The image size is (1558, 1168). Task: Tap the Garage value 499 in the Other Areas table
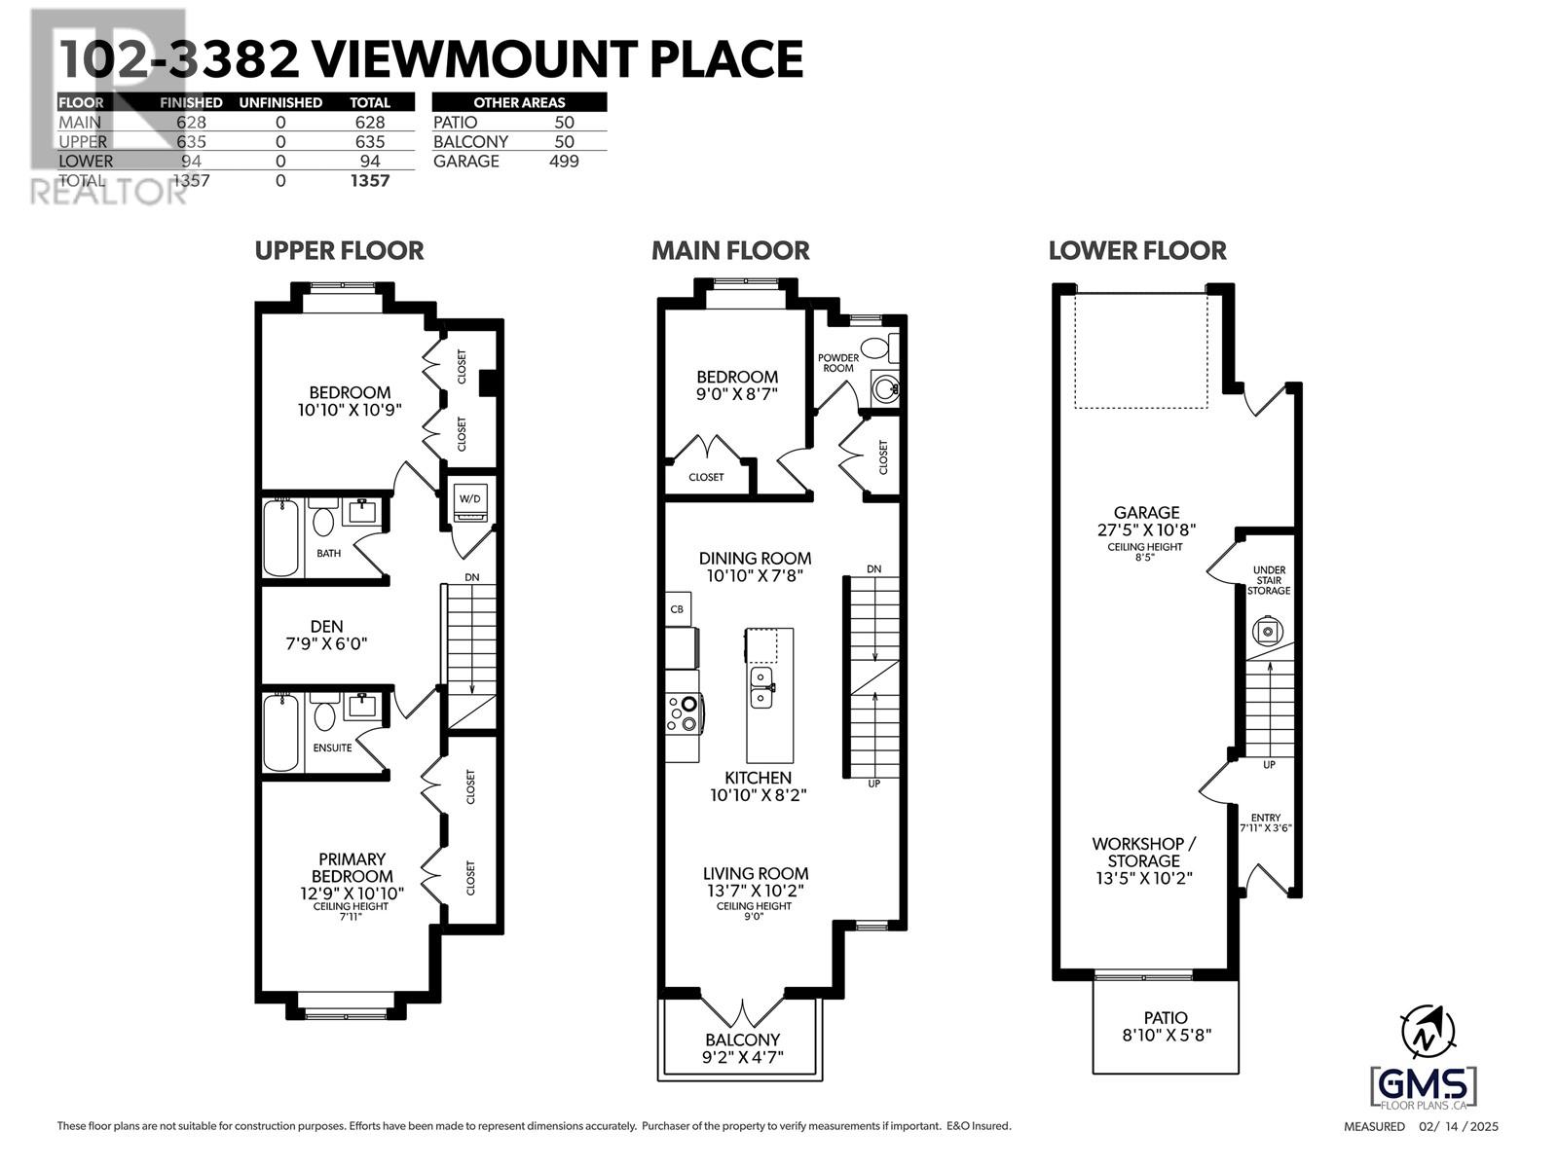(x=564, y=161)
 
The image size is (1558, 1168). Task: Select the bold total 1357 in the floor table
(x=370, y=181)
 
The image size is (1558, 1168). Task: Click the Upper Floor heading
(x=339, y=250)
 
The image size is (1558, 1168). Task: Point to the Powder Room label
(x=837, y=363)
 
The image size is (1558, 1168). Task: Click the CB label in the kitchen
(x=677, y=609)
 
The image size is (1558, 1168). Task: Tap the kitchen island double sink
(x=760, y=687)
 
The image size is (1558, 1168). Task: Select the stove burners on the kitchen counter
(x=683, y=714)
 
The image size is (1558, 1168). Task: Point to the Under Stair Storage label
(x=1269, y=580)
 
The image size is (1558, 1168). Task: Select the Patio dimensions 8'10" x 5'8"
(x=1167, y=1036)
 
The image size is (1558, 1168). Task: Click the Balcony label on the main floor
(x=742, y=1040)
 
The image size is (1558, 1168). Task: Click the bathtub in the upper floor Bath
(x=280, y=537)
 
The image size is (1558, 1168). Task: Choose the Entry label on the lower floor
(x=1266, y=818)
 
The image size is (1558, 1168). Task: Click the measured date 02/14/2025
(x=1459, y=1126)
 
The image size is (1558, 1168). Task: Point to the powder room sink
(x=885, y=388)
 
